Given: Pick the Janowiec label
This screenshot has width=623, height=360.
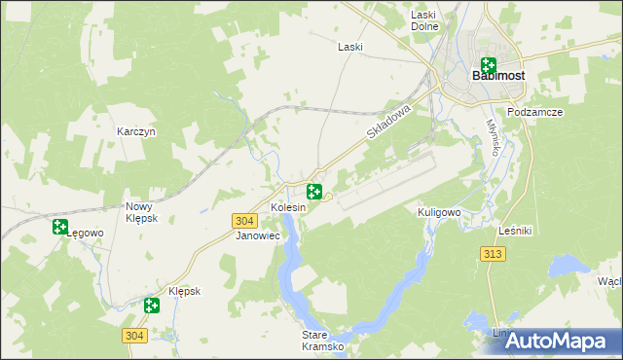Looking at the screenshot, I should [258, 235].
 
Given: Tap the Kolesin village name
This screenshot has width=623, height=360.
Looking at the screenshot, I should [288, 208].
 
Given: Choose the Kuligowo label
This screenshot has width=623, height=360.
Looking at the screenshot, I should [438, 211].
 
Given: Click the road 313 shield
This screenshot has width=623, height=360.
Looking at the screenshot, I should [493, 253].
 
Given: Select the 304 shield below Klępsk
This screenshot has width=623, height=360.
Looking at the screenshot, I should [135, 335].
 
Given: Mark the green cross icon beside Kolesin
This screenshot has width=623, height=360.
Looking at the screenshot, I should [314, 192].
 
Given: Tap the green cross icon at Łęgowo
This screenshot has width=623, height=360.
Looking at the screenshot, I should [60, 228].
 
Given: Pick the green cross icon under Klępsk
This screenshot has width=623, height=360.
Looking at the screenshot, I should [152, 306].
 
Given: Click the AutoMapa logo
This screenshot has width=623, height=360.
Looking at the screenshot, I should [553, 342].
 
